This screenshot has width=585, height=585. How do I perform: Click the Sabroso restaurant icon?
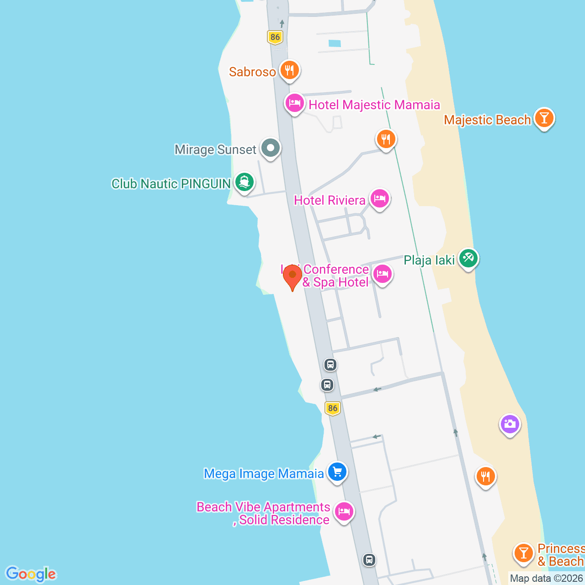tap(289, 70)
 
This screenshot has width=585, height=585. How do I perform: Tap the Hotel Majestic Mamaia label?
tap(374, 105)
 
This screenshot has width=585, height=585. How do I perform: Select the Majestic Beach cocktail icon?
tap(543, 118)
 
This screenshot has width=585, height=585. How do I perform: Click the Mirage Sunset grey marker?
tap(271, 148)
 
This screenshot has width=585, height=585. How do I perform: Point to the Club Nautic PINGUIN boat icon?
tap(245, 182)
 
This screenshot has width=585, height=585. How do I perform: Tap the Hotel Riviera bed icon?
tap(379, 199)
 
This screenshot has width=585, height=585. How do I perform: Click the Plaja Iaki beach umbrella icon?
tap(468, 259)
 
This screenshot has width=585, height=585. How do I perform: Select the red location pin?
tap(292, 277)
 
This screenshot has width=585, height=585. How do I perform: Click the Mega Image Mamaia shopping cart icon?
tap(337, 472)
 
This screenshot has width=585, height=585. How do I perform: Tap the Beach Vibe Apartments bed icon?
tap(344, 511)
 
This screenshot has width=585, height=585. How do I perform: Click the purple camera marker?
tap(510, 425)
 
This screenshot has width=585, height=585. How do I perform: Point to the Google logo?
tap(31, 574)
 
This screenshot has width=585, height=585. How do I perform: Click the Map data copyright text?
tap(546, 578)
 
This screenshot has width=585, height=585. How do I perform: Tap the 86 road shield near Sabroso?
tap(275, 37)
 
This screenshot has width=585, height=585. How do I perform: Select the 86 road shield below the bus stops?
tap(333, 408)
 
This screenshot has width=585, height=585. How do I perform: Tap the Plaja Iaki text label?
tap(429, 261)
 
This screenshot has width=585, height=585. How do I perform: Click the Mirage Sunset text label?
tap(215, 149)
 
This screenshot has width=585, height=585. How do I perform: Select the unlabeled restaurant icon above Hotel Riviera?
tap(386, 139)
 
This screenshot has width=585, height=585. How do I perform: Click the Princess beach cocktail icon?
tap(523, 553)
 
